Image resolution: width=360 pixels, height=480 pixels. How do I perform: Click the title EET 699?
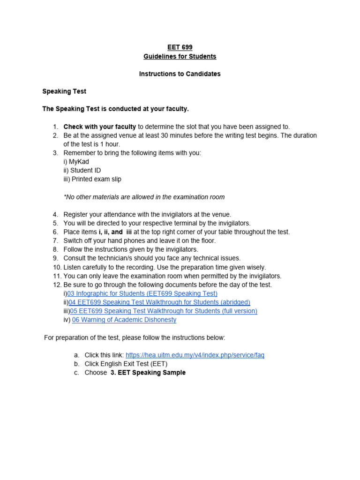pos(180,47)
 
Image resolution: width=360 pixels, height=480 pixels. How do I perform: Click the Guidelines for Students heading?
pos(180,56)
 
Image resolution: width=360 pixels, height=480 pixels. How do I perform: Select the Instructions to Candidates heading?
pos(180,74)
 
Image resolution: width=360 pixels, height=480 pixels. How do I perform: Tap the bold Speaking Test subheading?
pos(64,91)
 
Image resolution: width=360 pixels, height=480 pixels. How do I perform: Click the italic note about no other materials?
pos(144,197)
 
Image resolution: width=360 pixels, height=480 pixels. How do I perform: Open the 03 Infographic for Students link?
pos(142,293)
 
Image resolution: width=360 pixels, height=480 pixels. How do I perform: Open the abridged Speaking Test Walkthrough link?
pos(159,302)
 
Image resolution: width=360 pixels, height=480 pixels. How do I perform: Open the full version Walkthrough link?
pos(164,311)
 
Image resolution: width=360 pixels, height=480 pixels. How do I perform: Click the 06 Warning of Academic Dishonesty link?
pos(124,320)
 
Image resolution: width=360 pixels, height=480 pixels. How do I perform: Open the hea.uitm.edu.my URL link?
pos(195,355)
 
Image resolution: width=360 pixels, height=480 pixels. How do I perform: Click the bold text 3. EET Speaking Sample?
pos(148,373)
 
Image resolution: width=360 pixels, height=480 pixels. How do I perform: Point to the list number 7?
pos(55,240)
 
